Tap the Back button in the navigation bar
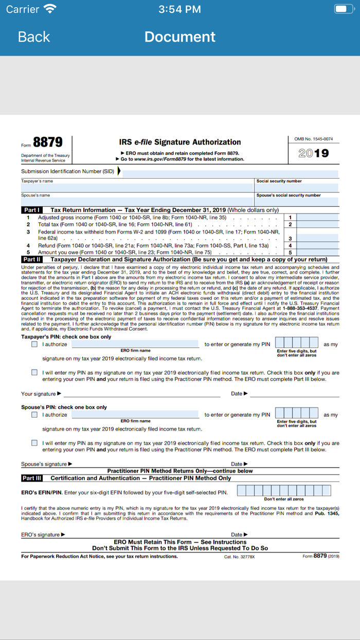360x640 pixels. tap(33, 37)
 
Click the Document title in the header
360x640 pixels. tap(179, 37)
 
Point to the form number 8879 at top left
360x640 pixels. tap(48, 143)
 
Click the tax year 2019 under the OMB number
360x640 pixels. tap(313, 153)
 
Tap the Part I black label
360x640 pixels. tap(31, 210)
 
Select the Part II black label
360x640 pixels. tap(32, 259)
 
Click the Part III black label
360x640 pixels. tap(32, 478)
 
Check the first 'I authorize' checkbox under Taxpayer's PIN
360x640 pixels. tap(34, 344)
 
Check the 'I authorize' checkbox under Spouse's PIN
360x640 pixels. tap(34, 415)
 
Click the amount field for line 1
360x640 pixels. tap(318, 218)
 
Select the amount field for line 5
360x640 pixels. tap(318, 253)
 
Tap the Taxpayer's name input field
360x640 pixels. tap(138, 188)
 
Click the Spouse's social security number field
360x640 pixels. tap(297, 202)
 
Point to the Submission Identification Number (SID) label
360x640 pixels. tap(67, 171)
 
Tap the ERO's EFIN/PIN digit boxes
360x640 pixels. tap(283, 491)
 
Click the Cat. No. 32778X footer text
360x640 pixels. tap(239, 557)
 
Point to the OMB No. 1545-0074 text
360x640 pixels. tap(313, 139)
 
